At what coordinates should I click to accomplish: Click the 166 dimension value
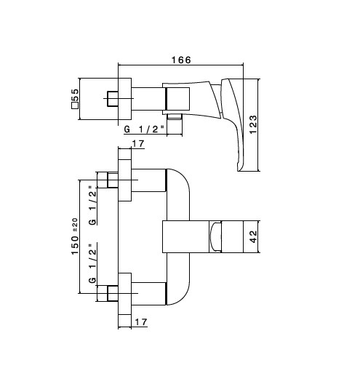pyautogui.click(x=181, y=60)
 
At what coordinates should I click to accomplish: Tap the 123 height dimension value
pyautogui.click(x=253, y=124)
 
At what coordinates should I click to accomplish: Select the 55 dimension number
pyautogui.click(x=75, y=95)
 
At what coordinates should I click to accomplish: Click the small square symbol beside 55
pyautogui.click(x=75, y=105)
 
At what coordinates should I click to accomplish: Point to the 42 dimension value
pyautogui.click(x=253, y=236)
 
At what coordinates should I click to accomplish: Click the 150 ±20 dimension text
pyautogui.click(x=75, y=236)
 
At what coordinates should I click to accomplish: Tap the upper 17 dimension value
pyautogui.click(x=138, y=143)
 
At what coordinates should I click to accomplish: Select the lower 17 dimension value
pyautogui.click(x=141, y=322)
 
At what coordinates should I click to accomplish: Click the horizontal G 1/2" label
pyautogui.click(x=144, y=129)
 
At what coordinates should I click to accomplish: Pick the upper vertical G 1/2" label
pyautogui.click(x=92, y=206)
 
